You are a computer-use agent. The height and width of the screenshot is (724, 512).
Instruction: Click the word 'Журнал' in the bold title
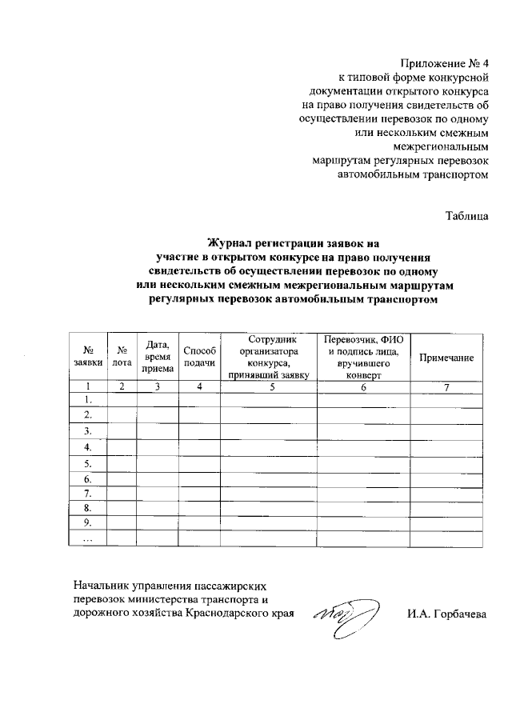pyautogui.click(x=231, y=243)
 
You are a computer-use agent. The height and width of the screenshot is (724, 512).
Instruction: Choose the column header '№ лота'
pyautogui.click(x=122, y=355)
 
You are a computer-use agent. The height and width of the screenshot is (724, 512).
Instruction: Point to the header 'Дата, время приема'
pyautogui.click(x=157, y=355)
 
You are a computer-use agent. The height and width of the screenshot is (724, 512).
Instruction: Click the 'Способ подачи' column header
pyautogui.click(x=199, y=355)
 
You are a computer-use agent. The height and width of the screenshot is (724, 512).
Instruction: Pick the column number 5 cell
pyautogui.click(x=271, y=387)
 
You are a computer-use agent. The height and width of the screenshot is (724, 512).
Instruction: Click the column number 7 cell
pyautogui.click(x=446, y=387)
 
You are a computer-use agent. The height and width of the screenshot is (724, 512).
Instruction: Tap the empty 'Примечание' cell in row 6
pyautogui.click(x=446, y=478)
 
